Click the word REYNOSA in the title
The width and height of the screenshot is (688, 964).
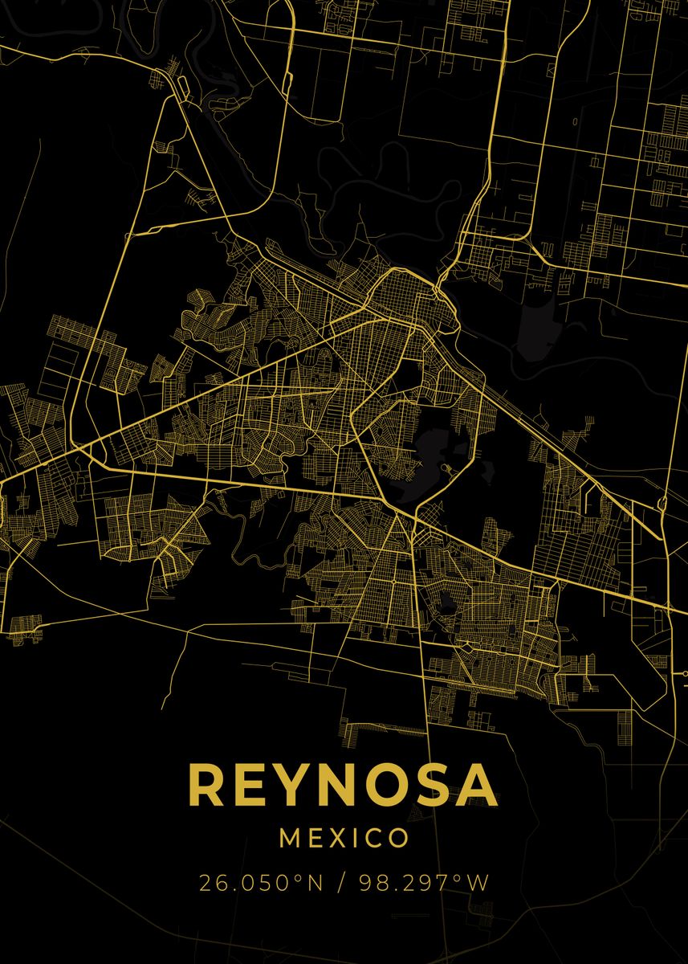pos(343,786)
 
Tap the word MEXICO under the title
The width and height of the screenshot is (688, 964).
pos(344,839)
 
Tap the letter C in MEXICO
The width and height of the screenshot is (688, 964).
pos(374,839)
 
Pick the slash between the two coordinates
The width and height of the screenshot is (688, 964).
pos(341,883)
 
